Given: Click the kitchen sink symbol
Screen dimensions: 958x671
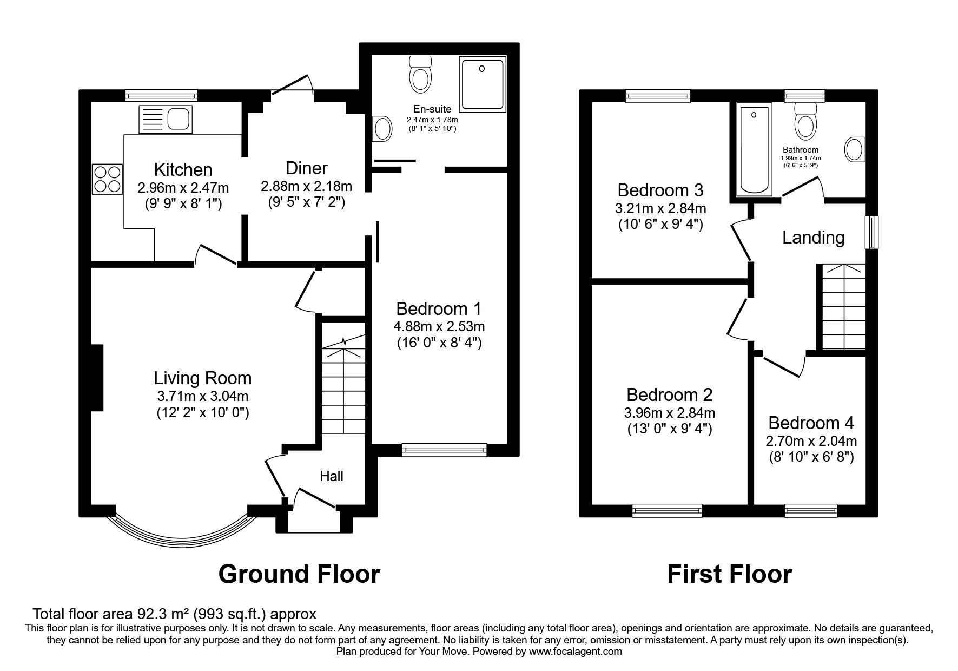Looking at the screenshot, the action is [166, 119].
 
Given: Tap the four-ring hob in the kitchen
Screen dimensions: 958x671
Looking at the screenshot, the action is [107, 179].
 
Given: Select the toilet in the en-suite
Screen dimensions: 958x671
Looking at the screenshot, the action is [420, 74].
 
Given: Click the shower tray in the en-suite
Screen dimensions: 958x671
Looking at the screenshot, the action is [483, 84].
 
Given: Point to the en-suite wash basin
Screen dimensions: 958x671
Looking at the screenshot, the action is [382, 129].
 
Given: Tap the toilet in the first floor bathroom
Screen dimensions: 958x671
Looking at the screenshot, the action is [805, 120].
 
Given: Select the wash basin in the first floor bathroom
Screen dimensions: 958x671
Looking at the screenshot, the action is [855, 149].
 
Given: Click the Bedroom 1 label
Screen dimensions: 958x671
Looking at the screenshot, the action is [439, 309].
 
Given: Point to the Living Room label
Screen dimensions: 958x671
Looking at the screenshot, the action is [203, 378].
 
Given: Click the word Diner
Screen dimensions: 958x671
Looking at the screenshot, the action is [307, 168].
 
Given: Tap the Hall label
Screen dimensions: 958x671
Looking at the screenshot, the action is [332, 476].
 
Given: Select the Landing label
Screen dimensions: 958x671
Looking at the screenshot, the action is [814, 238].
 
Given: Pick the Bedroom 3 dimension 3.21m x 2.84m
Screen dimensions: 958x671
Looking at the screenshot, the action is [660, 208].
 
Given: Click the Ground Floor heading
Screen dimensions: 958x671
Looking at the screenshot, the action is [299, 573].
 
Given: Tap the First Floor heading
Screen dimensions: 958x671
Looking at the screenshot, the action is [730, 573].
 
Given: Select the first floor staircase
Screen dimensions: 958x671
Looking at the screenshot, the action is [843, 307].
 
